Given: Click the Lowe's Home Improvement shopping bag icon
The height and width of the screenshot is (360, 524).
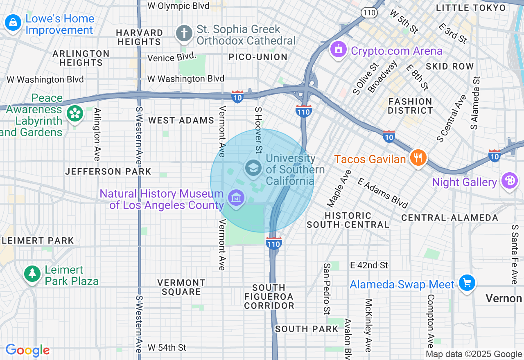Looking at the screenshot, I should (13, 23).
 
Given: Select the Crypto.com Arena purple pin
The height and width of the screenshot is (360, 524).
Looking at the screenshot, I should (338, 50).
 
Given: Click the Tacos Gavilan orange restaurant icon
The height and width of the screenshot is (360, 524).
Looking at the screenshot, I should (418, 158).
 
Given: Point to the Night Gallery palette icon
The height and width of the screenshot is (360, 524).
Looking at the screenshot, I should (510, 181).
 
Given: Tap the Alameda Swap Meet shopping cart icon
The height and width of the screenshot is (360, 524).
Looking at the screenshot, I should (467, 283).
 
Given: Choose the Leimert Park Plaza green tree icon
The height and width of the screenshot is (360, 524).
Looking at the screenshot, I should (32, 273).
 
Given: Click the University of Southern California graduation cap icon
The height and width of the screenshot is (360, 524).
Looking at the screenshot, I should (253, 168).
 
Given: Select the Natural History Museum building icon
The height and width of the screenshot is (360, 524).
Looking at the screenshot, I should (236, 198).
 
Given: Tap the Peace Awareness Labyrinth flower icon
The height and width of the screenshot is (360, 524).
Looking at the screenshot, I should (75, 114).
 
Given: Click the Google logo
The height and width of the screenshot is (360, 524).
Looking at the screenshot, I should (27, 351).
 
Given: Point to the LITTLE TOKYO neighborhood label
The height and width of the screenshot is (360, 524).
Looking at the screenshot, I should (470, 8).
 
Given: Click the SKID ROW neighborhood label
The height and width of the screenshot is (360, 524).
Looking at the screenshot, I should (449, 66).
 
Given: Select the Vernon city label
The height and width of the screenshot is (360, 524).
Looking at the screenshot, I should (504, 298).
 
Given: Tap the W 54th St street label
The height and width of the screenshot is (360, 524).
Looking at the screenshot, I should (167, 348).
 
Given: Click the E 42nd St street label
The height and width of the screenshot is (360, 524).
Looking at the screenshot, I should (369, 265).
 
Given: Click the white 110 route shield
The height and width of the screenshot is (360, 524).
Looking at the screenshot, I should (369, 13).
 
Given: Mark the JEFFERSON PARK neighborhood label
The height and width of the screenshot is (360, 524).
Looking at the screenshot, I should (108, 171).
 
